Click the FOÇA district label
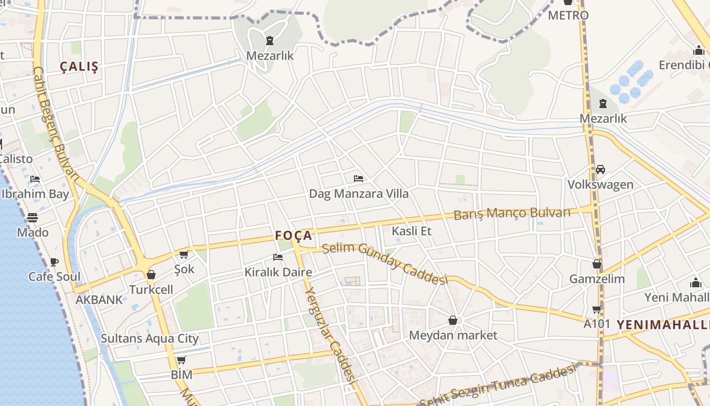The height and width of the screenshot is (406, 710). [x=293, y=235]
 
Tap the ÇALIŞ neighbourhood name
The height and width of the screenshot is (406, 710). [x=79, y=66]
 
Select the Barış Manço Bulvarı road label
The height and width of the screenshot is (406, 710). [x=512, y=213]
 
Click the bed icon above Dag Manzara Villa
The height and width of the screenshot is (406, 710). [x=359, y=179]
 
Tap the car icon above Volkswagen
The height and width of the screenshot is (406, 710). [x=600, y=170]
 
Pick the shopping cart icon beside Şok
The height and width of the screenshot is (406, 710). [x=184, y=254]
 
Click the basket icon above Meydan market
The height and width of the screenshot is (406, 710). [x=453, y=320]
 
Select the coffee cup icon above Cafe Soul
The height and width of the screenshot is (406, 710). [x=54, y=262]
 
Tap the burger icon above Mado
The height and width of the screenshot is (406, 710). [x=32, y=218]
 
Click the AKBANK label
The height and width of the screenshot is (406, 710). [x=99, y=299]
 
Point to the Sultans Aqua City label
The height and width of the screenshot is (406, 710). [x=150, y=339]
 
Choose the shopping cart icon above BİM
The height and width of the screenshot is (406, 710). [x=181, y=360]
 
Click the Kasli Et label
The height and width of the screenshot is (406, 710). [x=411, y=231]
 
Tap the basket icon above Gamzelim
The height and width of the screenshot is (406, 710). [x=597, y=264]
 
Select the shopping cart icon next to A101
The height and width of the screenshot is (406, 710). [x=597, y=309]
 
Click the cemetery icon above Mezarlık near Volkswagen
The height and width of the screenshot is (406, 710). [x=603, y=104]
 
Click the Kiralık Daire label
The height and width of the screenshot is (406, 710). [x=278, y=272]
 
